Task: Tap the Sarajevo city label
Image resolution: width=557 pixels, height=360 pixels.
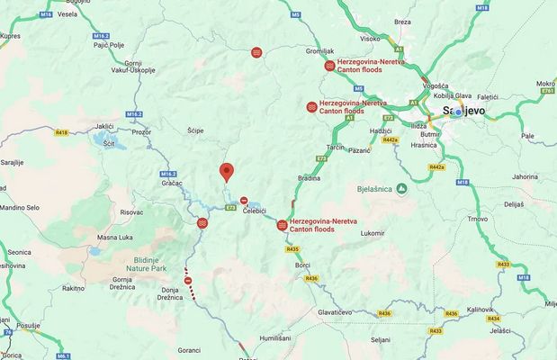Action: pos(464,111)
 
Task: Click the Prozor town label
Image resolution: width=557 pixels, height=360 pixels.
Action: pos(143,131)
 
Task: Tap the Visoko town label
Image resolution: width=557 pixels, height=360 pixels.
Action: pos(370,39)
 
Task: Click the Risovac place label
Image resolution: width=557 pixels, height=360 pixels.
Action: pos(131,212)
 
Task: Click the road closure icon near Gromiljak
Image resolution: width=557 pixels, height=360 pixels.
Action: pos(330,66)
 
